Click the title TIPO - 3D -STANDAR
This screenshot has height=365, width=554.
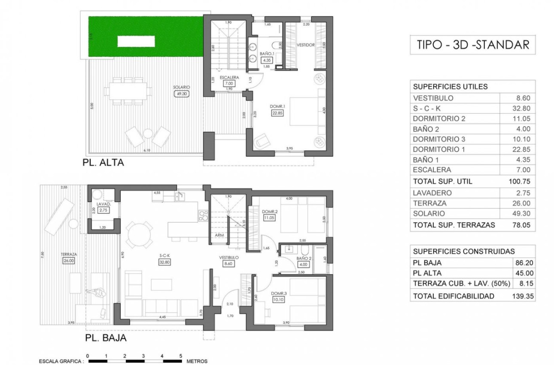pyautogui.click(x=473, y=45)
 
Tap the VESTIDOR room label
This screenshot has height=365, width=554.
pyautogui.click(x=306, y=45)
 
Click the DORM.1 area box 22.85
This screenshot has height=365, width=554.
pyautogui.click(x=275, y=113)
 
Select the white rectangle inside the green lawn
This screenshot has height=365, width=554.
pyautogui.click(x=136, y=42)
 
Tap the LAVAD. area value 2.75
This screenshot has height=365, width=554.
pyautogui.click(x=103, y=210)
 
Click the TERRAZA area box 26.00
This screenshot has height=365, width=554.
pyautogui.click(x=69, y=260)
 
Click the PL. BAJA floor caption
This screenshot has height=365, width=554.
pyautogui.click(x=105, y=338)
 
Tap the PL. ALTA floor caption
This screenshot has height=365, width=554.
pyautogui.click(x=103, y=163)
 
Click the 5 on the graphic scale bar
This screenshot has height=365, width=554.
pyautogui.click(x=181, y=356)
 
